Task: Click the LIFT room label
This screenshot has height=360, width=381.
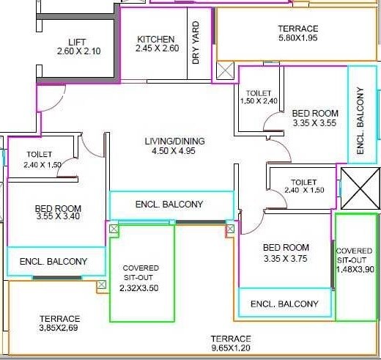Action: click(x=77, y=42)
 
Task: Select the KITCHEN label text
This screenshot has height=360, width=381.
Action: click(x=156, y=40)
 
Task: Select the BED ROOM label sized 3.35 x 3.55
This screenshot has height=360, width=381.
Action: click(x=315, y=113)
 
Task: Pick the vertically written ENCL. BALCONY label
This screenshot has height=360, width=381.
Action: click(x=360, y=120)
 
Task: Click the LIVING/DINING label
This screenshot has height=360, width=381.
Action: click(x=174, y=141)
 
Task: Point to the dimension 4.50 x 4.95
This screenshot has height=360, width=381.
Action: click(x=174, y=151)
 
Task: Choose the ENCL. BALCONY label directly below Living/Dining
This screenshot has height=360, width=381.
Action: click(x=169, y=204)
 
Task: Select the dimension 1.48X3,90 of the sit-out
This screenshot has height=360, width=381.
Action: click(x=355, y=269)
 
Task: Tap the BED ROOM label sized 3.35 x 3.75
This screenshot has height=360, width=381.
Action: click(x=286, y=248)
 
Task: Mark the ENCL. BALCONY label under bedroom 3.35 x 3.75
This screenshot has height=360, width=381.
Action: click(x=284, y=304)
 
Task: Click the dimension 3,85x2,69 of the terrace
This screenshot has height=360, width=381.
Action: click(x=59, y=328)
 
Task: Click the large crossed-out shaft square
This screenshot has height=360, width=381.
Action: click(x=360, y=188)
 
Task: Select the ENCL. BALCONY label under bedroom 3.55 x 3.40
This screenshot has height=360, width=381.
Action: click(x=53, y=261)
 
